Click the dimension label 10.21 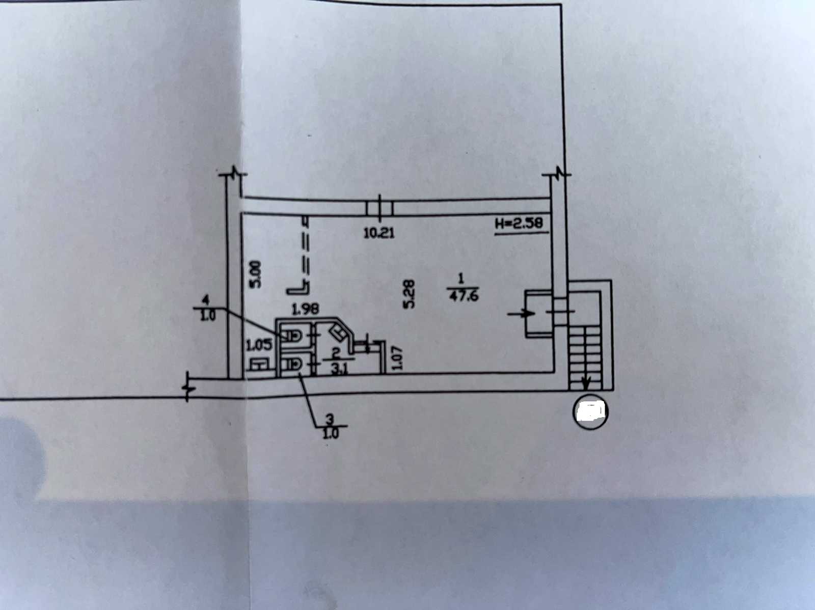pos(379,233)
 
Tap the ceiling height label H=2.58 pos(519,224)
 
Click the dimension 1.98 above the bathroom pos(305,309)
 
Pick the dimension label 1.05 pos(259,345)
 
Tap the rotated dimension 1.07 pos(397,357)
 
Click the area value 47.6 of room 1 pos(464,296)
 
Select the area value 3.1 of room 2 pos(338,370)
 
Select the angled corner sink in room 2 pos(338,332)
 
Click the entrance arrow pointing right pos(521,314)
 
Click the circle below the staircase pos(591,412)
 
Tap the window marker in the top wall pos(379,208)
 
